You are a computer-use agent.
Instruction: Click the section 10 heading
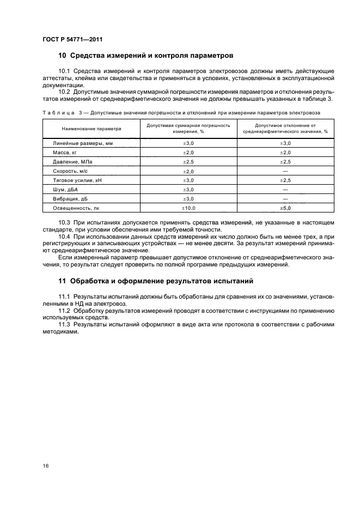click(x=146, y=56)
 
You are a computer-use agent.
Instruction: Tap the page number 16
click(x=46, y=465)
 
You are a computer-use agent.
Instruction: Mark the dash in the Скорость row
click(x=285, y=171)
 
